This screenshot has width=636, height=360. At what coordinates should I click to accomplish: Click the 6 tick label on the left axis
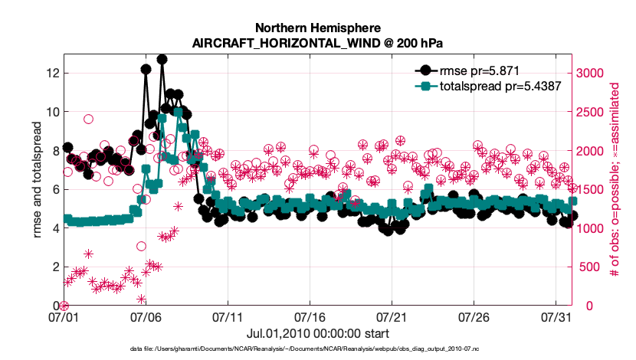coord(54,189)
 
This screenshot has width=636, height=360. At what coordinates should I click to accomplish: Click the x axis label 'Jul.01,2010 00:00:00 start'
coord(318,334)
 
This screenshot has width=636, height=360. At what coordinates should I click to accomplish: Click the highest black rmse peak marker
coord(162,59)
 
